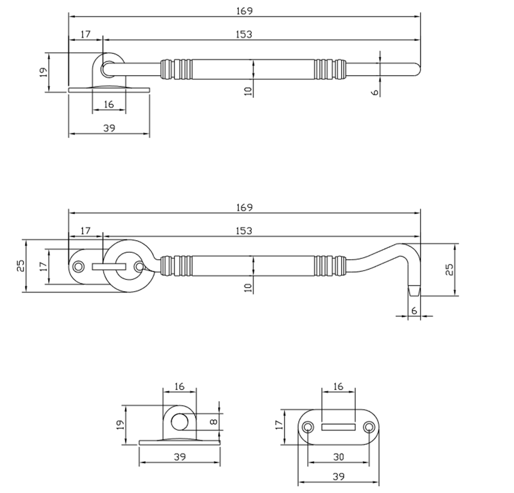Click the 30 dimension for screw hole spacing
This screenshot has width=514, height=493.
pos(338,457)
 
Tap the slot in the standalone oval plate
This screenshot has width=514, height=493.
pos(338,427)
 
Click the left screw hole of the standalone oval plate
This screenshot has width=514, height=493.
pos(308,427)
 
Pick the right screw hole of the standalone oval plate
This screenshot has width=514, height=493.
pos(369,427)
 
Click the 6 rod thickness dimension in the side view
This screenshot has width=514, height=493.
pos(375,91)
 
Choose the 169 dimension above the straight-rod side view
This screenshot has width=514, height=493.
pos(244,11)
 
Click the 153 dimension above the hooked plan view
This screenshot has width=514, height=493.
pos(244,231)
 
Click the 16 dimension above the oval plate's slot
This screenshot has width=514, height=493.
pos(338,386)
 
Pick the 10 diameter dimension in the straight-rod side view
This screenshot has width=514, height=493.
pos(248,90)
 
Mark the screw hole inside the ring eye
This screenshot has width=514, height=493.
pos(139,265)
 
